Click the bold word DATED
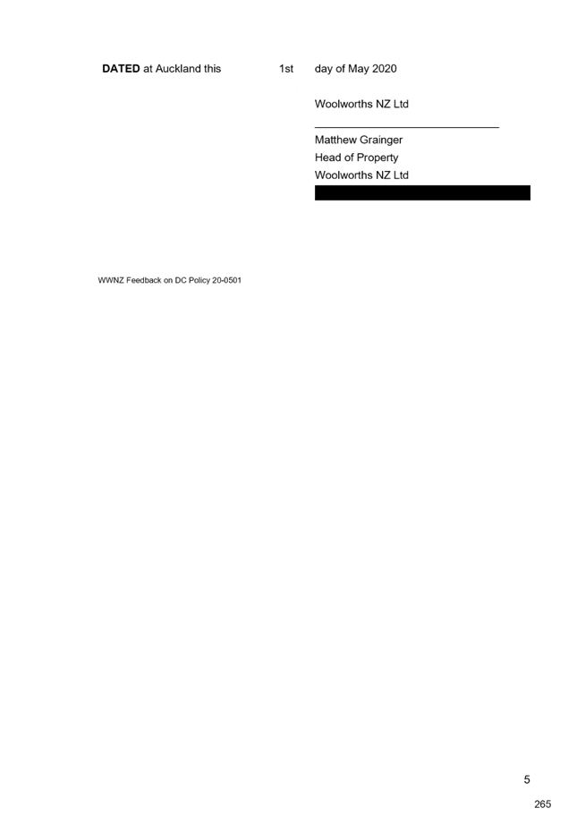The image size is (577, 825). coord(121,69)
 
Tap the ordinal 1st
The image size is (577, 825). coord(286,69)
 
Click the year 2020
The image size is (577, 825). coord(385,69)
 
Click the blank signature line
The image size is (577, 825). coord(406,127)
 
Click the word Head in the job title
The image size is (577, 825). coord(327,157)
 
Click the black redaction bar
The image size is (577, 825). coord(422,192)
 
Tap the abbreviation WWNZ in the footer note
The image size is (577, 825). coord(111,280)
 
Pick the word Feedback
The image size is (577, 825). coord(144,280)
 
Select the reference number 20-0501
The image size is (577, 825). coord(226,280)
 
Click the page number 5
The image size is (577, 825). coord(527,779)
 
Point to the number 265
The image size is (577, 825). coord(542,804)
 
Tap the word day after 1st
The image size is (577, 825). coord(324,70)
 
